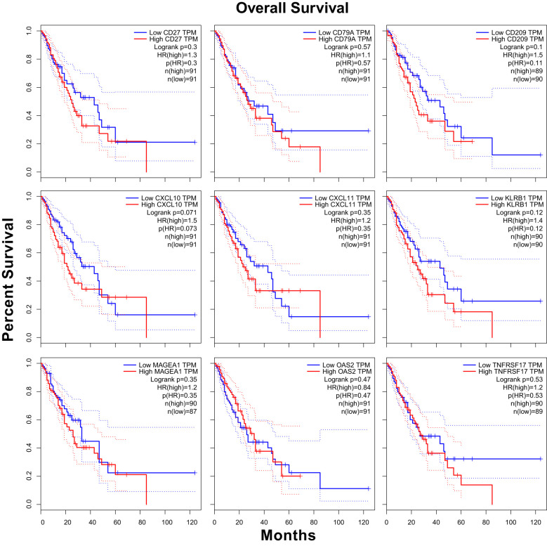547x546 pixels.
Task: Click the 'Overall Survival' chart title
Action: [x=292, y=8]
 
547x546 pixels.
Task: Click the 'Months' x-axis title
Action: [x=288, y=535]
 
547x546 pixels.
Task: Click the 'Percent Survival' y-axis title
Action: [x=8, y=279]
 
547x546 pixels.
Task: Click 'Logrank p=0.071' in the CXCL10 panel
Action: [x=171, y=213]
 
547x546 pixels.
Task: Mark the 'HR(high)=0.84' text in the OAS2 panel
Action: [x=349, y=387]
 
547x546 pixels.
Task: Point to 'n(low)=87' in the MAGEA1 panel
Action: [x=182, y=412]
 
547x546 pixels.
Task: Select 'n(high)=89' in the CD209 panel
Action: [x=527, y=71]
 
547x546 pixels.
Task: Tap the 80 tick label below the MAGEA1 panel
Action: [x=143, y=523]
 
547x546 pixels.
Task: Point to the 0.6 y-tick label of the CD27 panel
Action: [x=29, y=87]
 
